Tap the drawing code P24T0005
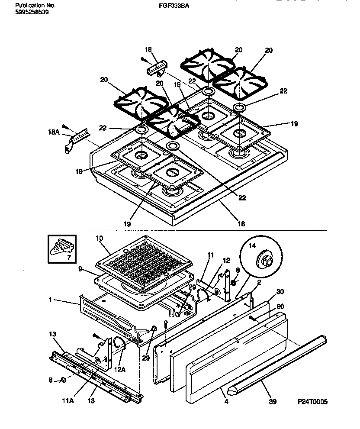pyautogui.click(x=313, y=402)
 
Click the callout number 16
pyautogui.click(x=241, y=224)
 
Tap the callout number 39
pyautogui.click(x=272, y=402)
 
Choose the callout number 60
pyautogui.click(x=280, y=306)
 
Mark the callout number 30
pyautogui.click(x=280, y=291)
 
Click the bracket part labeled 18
pyautogui.click(x=155, y=68)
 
